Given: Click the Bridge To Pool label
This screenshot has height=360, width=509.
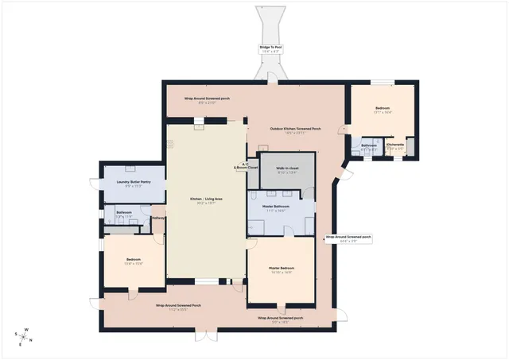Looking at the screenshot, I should click(x=270, y=48).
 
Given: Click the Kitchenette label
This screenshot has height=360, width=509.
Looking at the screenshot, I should click(x=395, y=145).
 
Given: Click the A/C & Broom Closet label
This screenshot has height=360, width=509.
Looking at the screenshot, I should click(x=246, y=166).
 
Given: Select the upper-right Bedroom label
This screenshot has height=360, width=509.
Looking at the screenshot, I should click(x=383, y=110).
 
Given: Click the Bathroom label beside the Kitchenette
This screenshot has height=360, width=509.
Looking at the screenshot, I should click(x=369, y=145).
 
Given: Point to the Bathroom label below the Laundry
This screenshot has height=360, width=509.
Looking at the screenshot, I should click(x=123, y=212).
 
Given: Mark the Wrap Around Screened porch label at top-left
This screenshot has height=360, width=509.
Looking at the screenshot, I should click(x=207, y=99).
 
